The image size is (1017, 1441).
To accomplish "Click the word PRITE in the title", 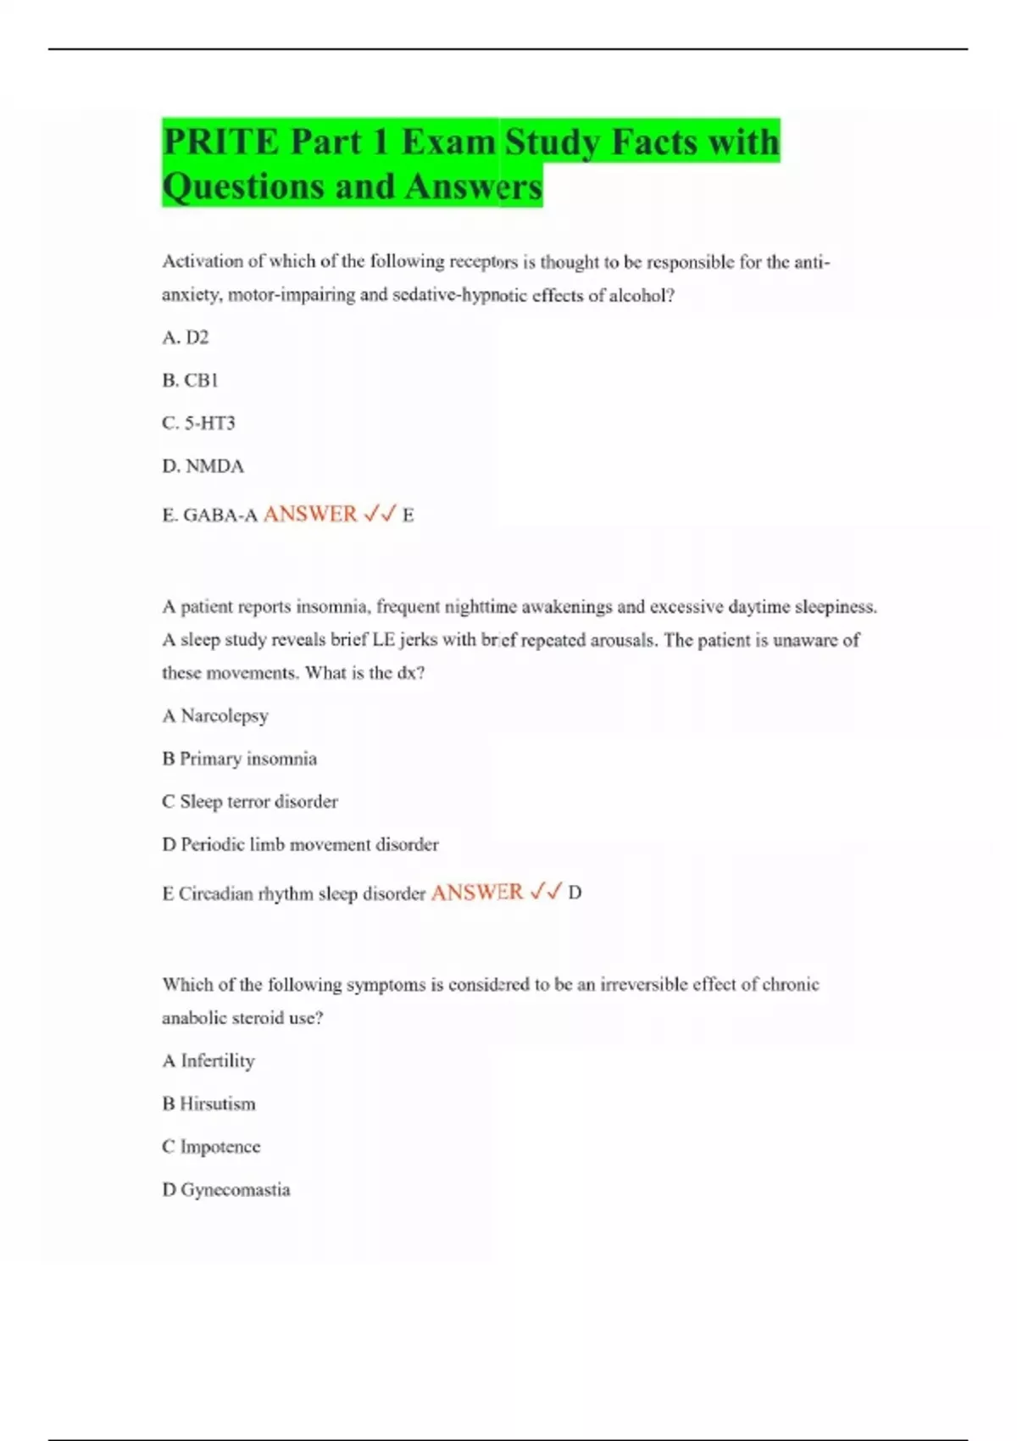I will coord(220,142).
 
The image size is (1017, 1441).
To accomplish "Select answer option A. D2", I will coord(186,337).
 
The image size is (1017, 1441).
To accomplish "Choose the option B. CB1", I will coord(190,381).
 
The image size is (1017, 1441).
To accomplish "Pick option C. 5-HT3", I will coord(198,423).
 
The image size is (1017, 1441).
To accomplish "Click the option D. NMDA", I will coord(203,466).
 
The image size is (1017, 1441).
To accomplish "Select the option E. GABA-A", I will coord(209,515).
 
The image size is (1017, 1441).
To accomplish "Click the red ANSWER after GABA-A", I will coord(310,514).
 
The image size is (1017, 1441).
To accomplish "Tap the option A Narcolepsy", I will coord(215,715).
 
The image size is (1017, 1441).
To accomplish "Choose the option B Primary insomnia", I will coord(239,759).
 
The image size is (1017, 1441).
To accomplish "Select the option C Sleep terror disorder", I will coord(250,801).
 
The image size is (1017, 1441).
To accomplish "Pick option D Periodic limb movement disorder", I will coord(300,844).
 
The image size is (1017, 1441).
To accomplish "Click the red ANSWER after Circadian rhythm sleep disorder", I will coord(477,892).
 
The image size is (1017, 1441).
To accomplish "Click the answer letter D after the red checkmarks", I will coord(575,893).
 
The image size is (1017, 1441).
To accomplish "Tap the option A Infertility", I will coord(208,1060).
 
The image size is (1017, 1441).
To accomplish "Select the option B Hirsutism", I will coord(208,1104).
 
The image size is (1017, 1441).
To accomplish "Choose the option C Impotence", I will coord(211,1147).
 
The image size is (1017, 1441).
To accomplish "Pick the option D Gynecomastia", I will coord(225,1189).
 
